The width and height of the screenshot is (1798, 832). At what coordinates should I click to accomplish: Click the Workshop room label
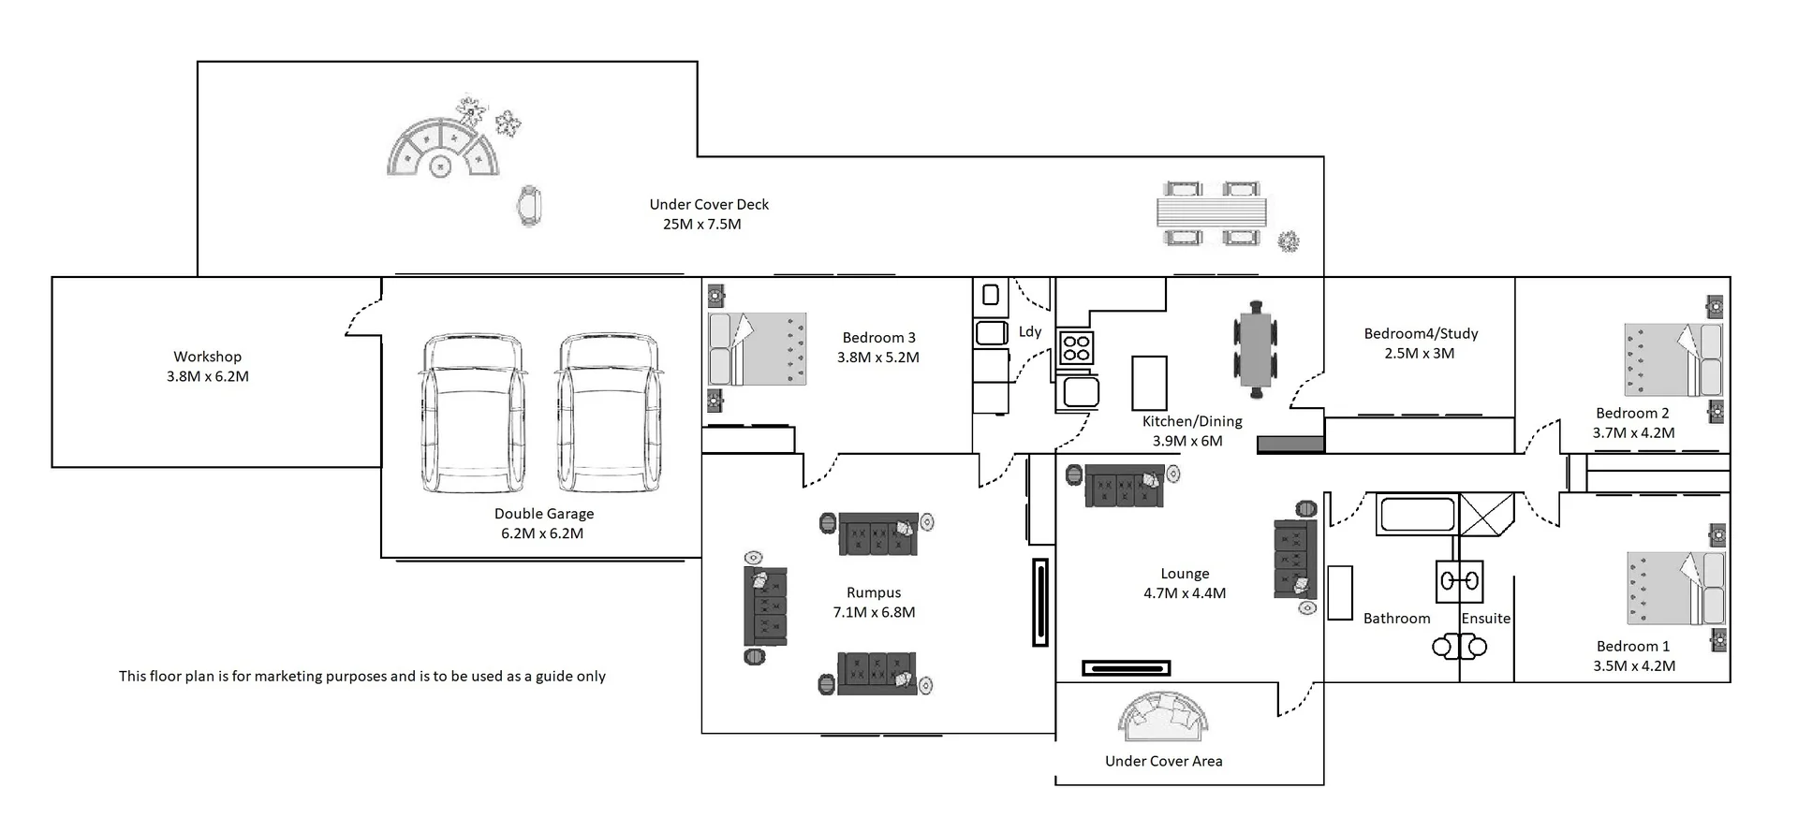207,357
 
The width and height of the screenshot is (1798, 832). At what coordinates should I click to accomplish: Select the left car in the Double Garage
471,414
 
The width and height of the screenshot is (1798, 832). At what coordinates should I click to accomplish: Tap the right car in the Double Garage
609,414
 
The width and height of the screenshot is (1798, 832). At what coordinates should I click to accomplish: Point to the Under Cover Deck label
709,204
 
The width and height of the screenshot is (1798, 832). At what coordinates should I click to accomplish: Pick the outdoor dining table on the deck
1212,212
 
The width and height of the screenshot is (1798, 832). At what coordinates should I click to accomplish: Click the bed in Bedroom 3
758,349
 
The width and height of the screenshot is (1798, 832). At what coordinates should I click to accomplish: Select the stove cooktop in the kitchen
1076,348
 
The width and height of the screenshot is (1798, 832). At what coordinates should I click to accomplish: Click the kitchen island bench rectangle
1149,383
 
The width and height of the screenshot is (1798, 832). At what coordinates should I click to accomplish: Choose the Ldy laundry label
1030,331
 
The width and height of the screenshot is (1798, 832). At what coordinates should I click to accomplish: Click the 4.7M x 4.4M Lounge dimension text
1185,592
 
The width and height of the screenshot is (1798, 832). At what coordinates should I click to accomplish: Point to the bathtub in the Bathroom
1417,514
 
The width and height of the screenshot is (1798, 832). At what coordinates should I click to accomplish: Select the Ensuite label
1485,618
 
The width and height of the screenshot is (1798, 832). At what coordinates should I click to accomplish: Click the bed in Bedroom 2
1673,360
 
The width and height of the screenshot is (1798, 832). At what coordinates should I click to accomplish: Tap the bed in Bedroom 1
1675,588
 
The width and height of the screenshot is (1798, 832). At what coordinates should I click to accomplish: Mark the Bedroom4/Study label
1421,333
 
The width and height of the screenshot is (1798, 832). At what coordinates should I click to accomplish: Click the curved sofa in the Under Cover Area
1162,715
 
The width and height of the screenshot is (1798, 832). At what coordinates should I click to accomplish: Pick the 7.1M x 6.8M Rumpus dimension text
874,612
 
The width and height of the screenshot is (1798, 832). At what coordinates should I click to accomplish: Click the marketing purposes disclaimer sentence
362,676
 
